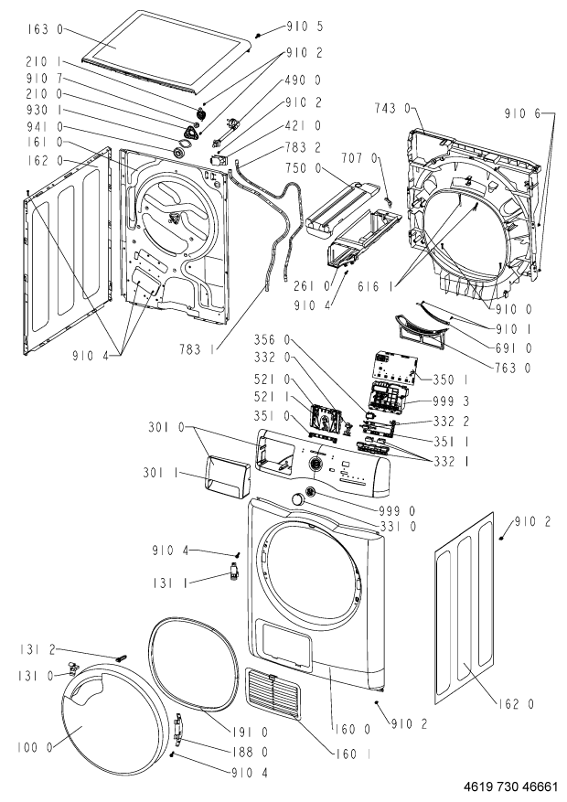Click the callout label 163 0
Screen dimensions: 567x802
point(46,29)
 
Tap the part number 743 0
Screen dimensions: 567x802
point(392,109)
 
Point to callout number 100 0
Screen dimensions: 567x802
point(35,747)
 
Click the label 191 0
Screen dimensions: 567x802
point(250,732)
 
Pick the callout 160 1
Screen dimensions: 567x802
point(354,754)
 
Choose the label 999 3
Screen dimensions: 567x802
point(451,401)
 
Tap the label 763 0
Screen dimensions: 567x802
point(513,368)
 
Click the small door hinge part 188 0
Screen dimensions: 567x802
point(179,728)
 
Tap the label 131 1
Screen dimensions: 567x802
point(170,583)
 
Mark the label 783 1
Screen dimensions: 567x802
point(197,350)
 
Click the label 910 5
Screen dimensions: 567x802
point(305,26)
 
